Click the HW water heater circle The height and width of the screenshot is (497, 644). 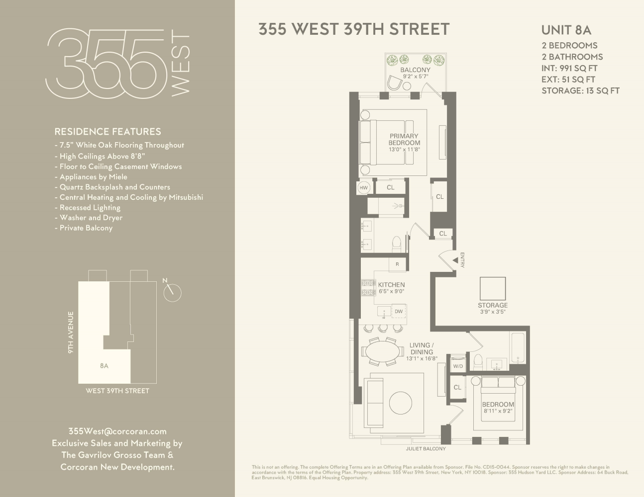click(364, 188)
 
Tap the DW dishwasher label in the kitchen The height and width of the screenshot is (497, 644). click(398, 312)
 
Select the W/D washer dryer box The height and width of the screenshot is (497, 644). click(457, 366)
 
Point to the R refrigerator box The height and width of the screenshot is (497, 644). click(397, 264)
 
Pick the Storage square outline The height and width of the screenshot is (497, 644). click(493, 289)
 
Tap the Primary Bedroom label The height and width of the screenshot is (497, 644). click(404, 140)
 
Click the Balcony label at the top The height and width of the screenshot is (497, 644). click(415, 70)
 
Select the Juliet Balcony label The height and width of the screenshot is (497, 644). click(426, 449)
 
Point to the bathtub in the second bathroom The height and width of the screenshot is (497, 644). click(518, 348)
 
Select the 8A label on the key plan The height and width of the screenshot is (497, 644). click(104, 366)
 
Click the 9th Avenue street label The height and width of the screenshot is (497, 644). click(71, 332)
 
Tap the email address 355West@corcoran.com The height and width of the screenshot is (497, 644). click(117, 431)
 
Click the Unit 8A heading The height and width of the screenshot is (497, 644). click(566, 30)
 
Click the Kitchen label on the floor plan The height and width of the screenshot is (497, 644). click(391, 285)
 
